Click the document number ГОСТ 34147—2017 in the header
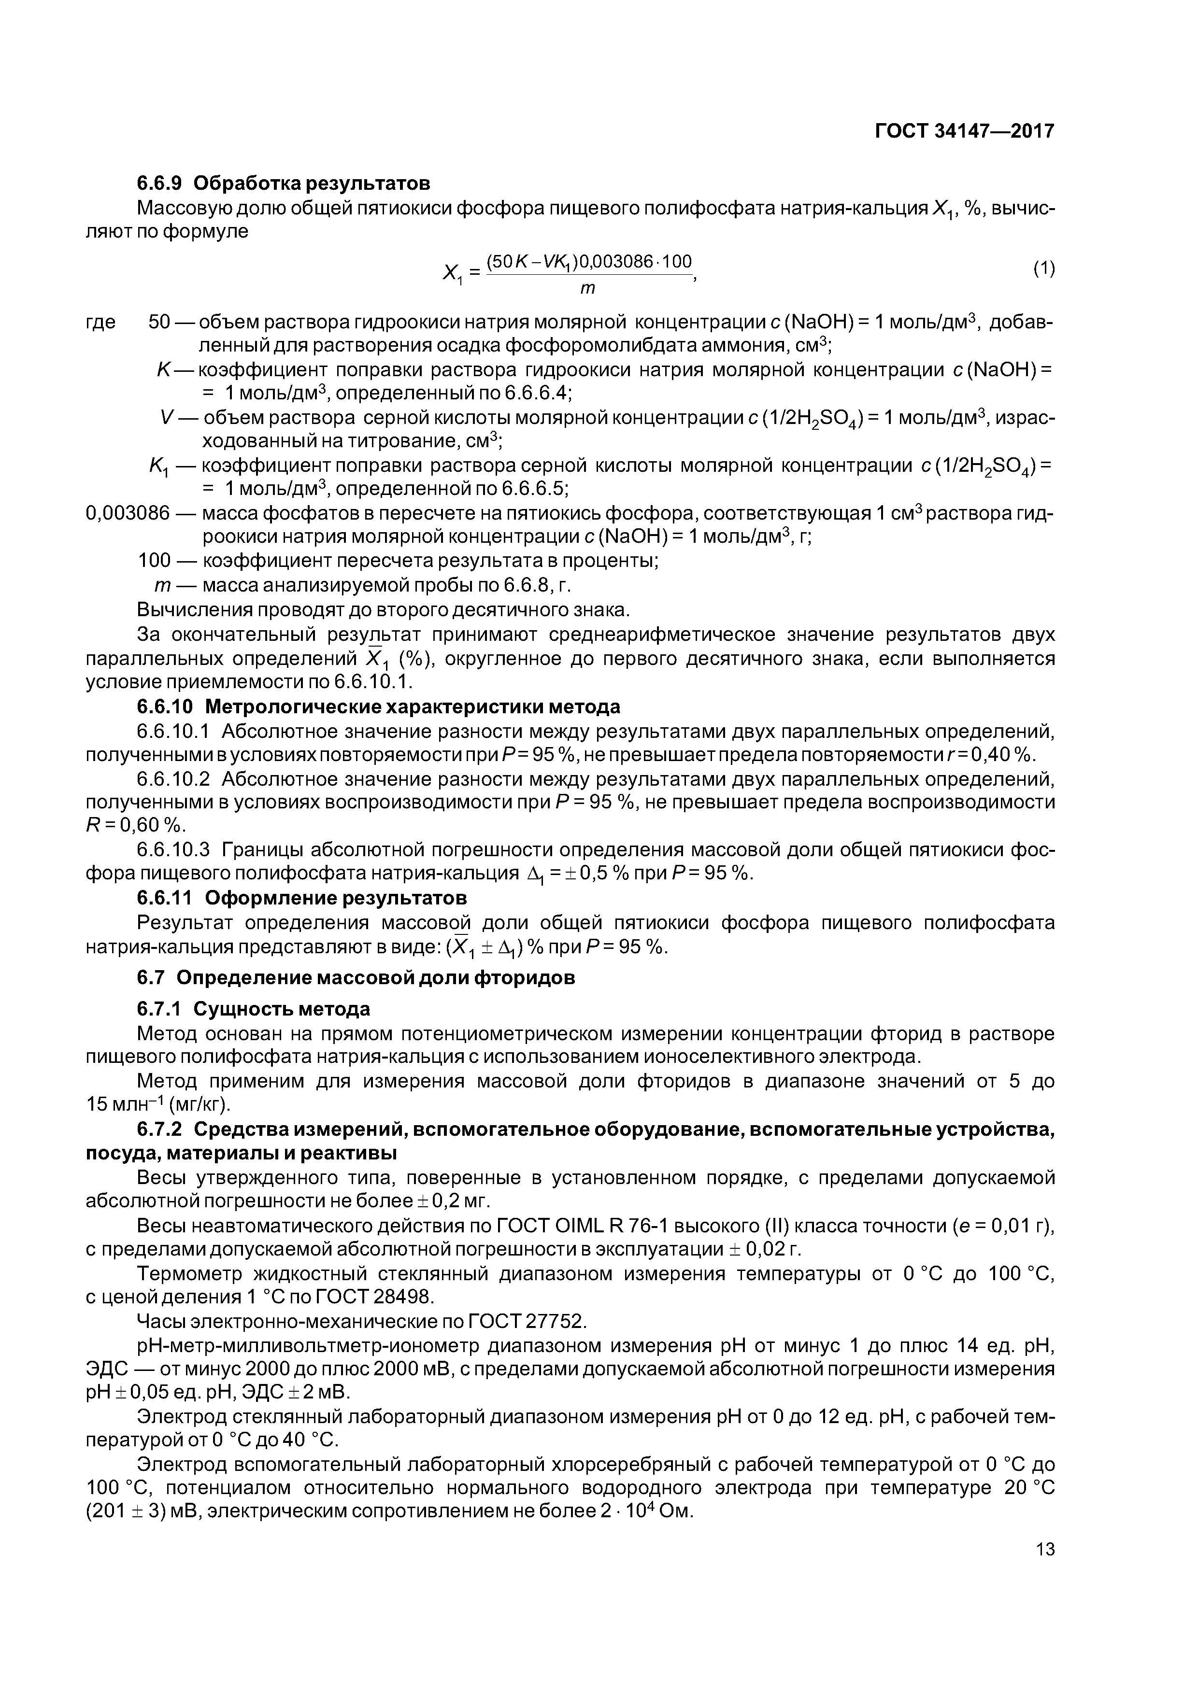(x=964, y=131)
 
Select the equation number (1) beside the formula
(x=1044, y=269)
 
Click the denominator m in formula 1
(x=587, y=288)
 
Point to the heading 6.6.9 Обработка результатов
(x=284, y=182)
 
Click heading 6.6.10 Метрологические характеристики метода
(x=378, y=707)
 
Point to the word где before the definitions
(x=101, y=323)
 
